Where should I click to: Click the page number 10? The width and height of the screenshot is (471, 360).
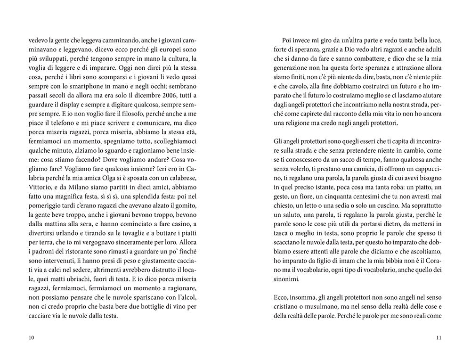click(32, 337)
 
